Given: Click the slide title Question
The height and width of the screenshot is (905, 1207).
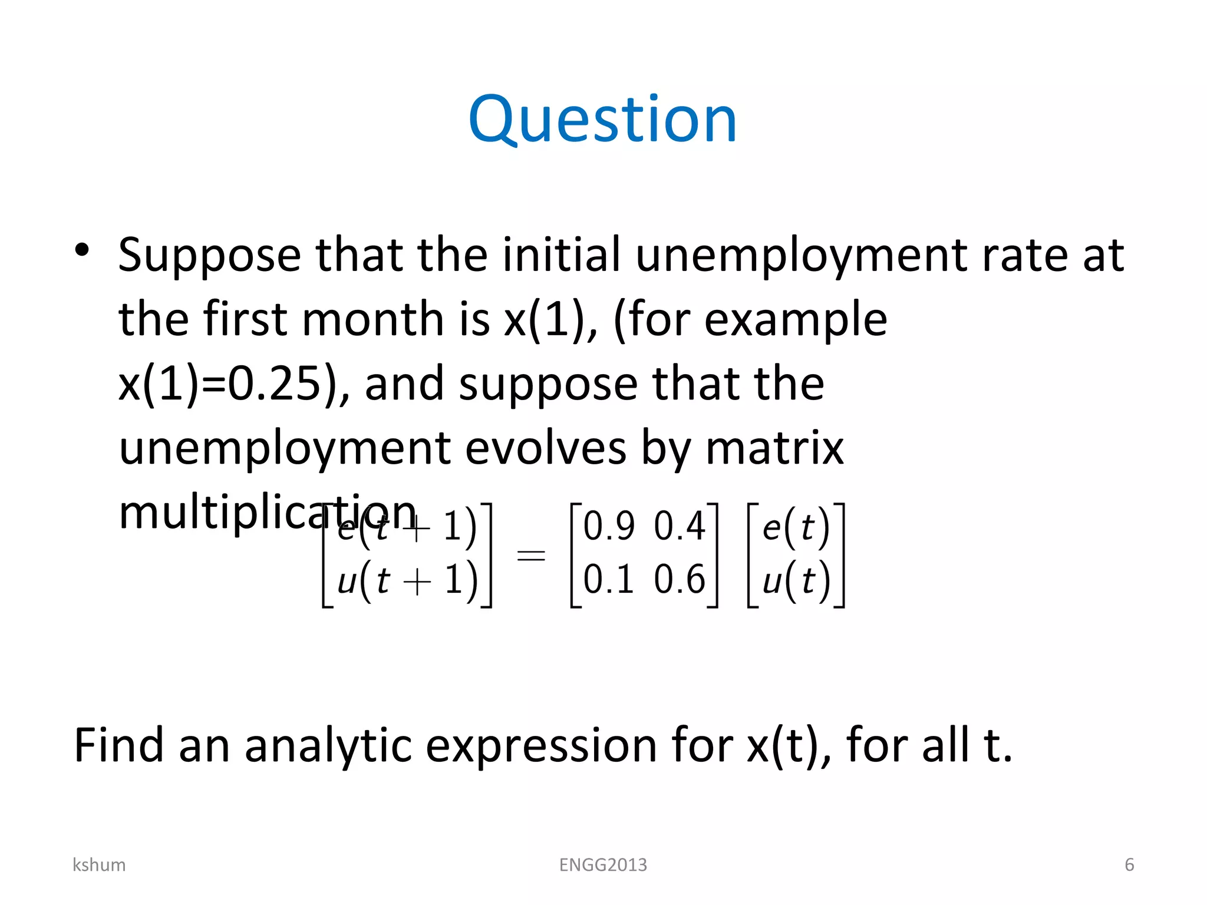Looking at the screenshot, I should (602, 121).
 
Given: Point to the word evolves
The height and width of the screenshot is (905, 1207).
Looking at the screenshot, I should (545, 449).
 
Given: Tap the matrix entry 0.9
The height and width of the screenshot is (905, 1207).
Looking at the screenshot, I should (609, 526).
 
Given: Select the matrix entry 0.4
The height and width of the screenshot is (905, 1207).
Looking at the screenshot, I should (680, 526).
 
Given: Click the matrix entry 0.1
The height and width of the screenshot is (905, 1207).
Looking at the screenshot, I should (609, 579).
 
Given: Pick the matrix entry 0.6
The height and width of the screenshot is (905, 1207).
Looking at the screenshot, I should (680, 579).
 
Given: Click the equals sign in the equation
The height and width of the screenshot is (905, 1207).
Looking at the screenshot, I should (530, 554).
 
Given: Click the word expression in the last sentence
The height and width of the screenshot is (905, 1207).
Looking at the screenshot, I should (541, 746).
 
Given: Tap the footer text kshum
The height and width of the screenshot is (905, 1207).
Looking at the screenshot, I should (99, 864).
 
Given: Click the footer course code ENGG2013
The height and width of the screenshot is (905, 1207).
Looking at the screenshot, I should (603, 864).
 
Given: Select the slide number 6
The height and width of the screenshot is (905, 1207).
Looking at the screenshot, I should (1129, 864).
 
